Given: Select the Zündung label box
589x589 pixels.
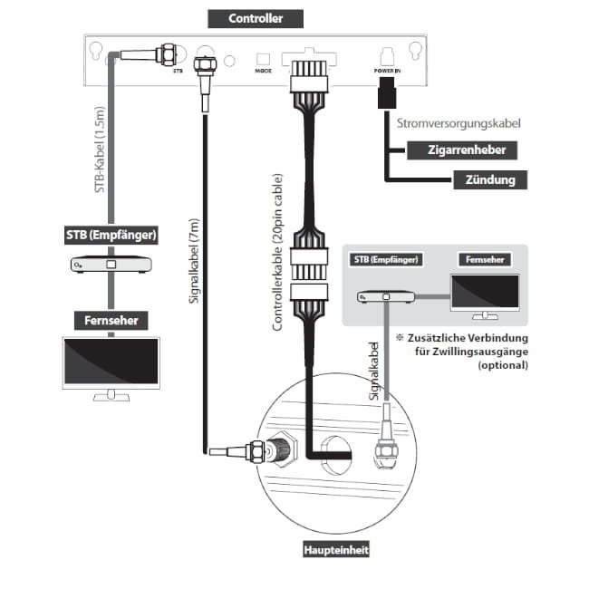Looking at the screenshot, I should click(491, 179).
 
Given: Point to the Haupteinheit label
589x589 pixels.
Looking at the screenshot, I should click(335, 550).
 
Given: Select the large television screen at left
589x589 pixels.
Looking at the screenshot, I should click(110, 366).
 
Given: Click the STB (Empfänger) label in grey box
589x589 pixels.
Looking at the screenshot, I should click(385, 259).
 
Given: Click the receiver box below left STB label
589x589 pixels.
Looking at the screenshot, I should click(111, 266).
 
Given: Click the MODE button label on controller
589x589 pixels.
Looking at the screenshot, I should click(264, 69).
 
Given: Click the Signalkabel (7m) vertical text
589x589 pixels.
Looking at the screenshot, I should click(193, 262).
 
